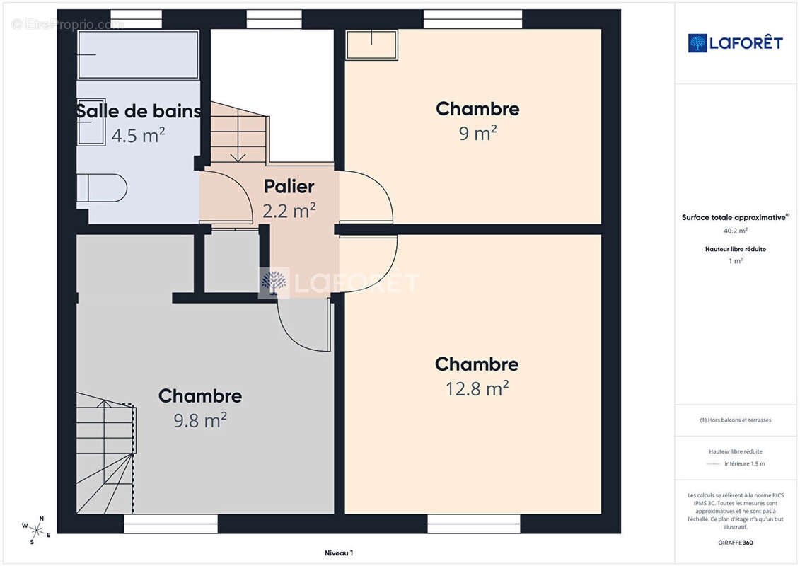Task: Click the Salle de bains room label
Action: click(138, 111)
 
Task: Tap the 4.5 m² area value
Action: click(138, 135)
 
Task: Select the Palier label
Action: click(289, 186)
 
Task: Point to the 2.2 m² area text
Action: click(289, 210)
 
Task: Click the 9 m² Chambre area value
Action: click(477, 133)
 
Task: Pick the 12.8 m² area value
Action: click(477, 388)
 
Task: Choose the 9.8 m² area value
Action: click(200, 420)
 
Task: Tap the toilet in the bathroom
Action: click(102, 187)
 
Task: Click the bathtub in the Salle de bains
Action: click(138, 54)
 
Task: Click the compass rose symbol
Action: click(35, 530)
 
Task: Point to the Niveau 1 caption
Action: click(339, 553)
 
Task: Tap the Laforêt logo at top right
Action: click(735, 43)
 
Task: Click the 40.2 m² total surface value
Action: click(735, 231)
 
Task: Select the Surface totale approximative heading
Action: click(735, 217)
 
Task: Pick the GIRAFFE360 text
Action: click(735, 543)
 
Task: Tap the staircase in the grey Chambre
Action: click(106, 453)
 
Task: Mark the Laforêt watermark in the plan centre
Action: click(339, 283)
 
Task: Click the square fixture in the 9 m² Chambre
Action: click(371, 45)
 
